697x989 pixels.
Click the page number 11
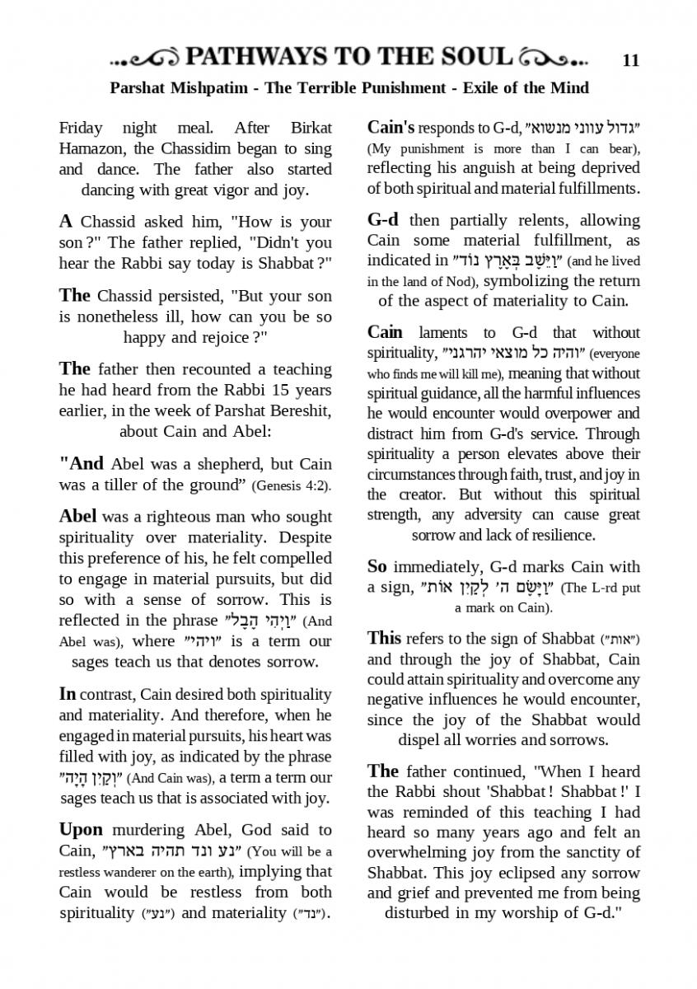tap(631, 59)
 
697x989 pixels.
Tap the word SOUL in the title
tap(471, 57)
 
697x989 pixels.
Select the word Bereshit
tap(301, 410)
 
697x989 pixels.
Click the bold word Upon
tap(81, 829)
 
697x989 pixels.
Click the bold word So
tap(377, 566)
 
